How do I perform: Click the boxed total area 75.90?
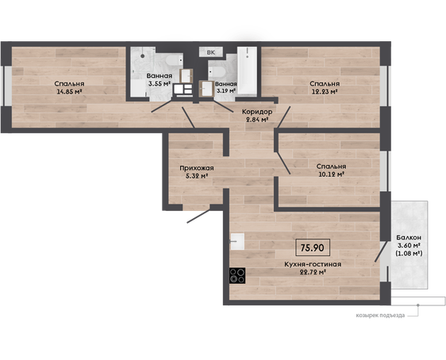(313, 247)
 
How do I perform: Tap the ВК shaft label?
(211, 52)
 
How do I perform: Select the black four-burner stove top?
(237, 276)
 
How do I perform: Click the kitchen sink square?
(237, 242)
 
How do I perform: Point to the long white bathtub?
(247, 71)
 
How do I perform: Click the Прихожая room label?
(197, 168)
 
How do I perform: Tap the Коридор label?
(257, 112)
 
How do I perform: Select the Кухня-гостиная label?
(313, 264)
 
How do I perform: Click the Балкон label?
(409, 237)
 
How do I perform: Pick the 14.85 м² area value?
(69, 91)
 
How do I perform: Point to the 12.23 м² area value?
(325, 91)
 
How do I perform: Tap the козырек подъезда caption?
(380, 316)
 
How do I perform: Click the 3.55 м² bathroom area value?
(160, 83)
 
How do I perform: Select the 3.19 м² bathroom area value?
(226, 91)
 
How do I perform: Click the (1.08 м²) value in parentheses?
(409, 253)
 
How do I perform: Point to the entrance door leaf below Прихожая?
(198, 216)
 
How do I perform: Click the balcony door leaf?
(381, 251)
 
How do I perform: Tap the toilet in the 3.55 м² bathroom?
(174, 60)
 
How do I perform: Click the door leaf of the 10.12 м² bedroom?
(283, 163)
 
